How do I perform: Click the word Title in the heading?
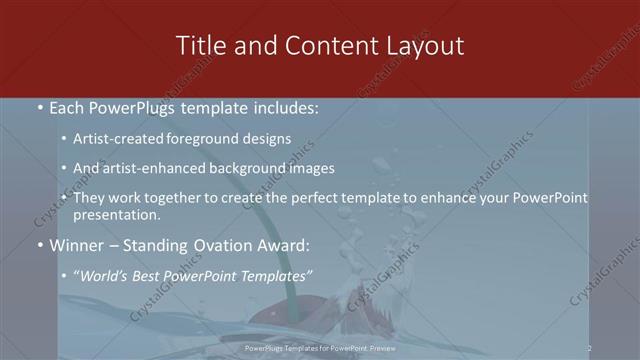coord(198,46)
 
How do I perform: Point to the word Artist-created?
coord(118,140)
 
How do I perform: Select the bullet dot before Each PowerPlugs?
coord(39,108)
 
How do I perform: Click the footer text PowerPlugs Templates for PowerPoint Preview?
coord(319,348)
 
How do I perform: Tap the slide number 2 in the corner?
coord(590,348)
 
